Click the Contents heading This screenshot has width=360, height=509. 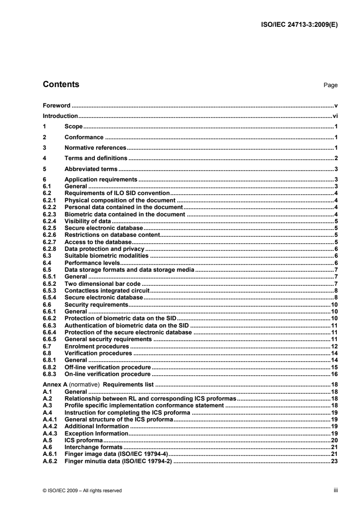click(60, 84)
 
